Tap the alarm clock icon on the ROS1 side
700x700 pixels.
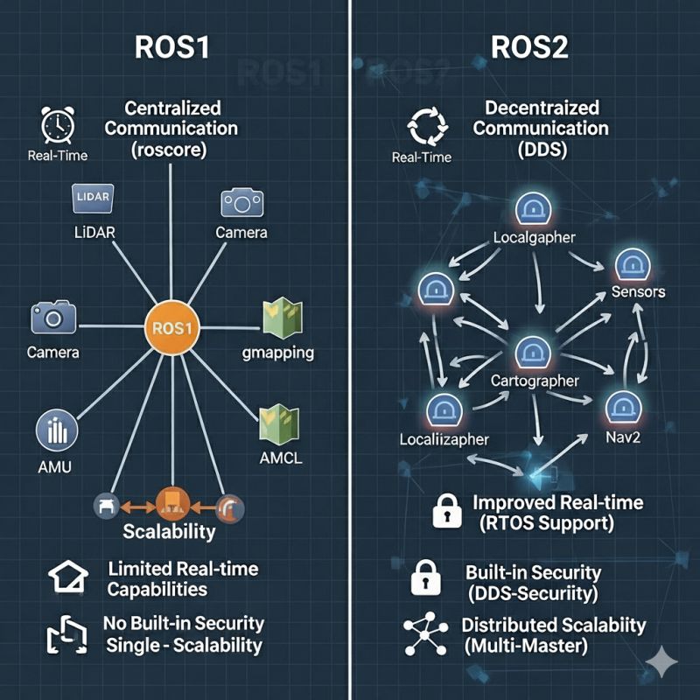tap(56, 124)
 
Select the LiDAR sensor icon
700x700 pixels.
tap(93, 198)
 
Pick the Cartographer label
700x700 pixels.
tap(534, 381)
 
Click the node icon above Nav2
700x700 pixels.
tap(623, 405)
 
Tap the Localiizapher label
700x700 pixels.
tap(444, 438)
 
